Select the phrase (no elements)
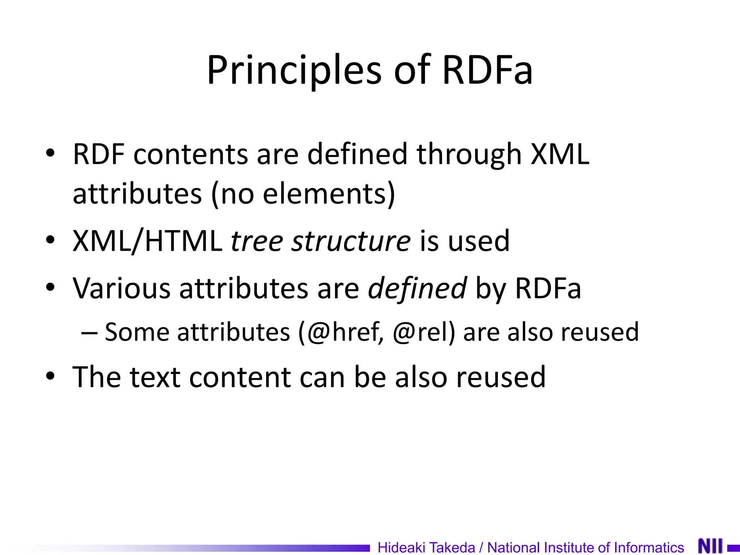tap(303, 194)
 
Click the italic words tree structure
tap(320, 241)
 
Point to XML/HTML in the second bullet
tap(147, 241)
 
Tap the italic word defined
tap(417, 288)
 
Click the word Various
tap(121, 288)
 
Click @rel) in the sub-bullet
tap(424, 332)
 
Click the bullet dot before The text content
tap(50, 376)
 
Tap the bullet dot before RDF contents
tap(50, 153)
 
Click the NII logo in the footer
tap(710, 546)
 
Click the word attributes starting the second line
tap(137, 194)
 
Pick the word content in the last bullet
tap(240, 377)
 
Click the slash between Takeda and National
tap(481, 547)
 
